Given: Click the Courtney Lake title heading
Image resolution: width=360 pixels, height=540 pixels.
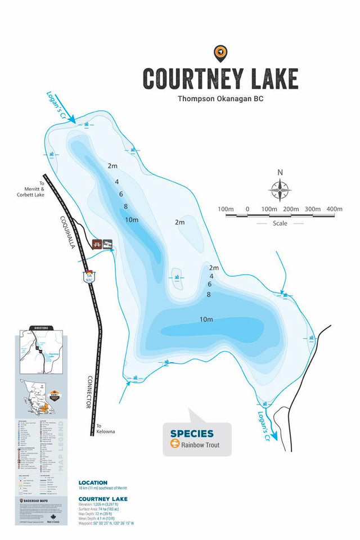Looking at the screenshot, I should tap(219, 79).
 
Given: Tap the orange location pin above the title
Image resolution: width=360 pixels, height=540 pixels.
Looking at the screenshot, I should tap(220, 53).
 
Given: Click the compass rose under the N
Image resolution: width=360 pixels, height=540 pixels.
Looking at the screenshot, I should tap(280, 190).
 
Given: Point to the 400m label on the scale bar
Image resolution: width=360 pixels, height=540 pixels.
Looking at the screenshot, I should tap(334, 209).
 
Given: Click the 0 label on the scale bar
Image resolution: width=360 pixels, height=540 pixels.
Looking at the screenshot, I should tap(247, 209).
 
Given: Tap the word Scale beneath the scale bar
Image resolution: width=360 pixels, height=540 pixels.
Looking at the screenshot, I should tap(280, 223).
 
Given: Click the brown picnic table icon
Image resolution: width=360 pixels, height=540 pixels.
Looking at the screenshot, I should tap(97, 244).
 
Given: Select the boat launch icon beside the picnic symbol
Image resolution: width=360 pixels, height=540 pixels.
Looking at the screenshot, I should tap(107, 244).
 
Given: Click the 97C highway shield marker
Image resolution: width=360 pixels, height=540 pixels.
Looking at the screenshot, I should tap(89, 276).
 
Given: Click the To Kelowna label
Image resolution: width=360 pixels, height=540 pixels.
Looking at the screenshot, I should tap(105, 429).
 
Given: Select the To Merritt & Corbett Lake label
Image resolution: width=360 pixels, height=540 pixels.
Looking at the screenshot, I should tap(30, 191).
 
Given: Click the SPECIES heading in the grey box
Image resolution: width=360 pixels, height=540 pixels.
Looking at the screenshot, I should tap(192, 434).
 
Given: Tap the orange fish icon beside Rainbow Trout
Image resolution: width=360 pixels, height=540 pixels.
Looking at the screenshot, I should tap(175, 445).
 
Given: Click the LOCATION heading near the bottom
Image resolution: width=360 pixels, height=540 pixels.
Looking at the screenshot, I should tap(93, 483).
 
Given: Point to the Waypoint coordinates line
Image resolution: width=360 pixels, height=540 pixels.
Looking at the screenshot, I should tap(106, 523).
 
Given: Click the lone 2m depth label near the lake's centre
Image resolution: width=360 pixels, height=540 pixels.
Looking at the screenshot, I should tap(179, 222).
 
